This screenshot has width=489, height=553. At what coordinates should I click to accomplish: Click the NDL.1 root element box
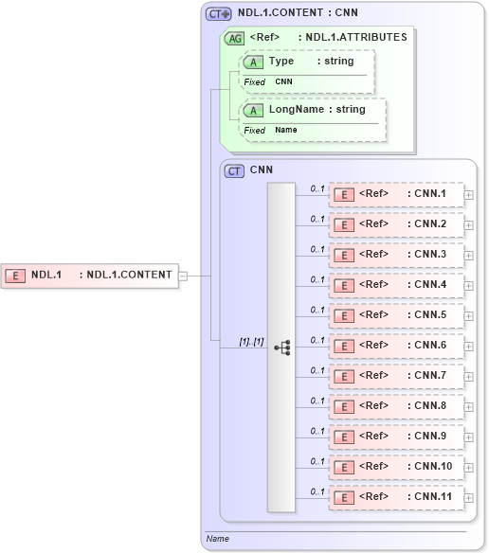pos(89,276)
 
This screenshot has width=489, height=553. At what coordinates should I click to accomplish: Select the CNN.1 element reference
pos(395,195)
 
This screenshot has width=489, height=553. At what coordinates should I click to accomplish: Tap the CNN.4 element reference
pos(395,285)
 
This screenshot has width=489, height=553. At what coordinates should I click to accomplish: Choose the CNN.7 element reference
pos(395,376)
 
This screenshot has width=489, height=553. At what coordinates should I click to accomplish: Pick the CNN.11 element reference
pos(395,496)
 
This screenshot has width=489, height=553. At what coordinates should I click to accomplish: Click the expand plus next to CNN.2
pos(469,225)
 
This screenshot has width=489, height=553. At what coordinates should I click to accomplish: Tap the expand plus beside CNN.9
pos(469,437)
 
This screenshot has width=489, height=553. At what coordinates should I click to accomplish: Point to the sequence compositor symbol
pos(282,348)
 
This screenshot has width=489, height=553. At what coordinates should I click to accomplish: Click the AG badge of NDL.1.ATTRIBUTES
pos(233,39)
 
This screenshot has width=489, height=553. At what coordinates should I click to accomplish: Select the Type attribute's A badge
pos(253,62)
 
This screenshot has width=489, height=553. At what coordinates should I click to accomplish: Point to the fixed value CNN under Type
pos(284,82)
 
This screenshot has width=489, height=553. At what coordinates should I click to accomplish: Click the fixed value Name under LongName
pos(285,130)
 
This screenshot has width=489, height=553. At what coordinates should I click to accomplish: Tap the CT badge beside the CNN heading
pos(233,171)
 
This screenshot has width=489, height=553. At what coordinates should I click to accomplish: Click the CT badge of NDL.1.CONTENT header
pos(219,14)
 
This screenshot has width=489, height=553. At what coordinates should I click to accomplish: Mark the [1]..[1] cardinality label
pos(251,341)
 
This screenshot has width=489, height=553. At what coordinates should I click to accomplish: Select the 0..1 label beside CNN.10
pos(317,460)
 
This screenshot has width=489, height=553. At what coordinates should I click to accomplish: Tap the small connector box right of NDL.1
pos(183,276)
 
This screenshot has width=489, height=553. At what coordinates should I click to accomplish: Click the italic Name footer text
pos(217,539)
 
